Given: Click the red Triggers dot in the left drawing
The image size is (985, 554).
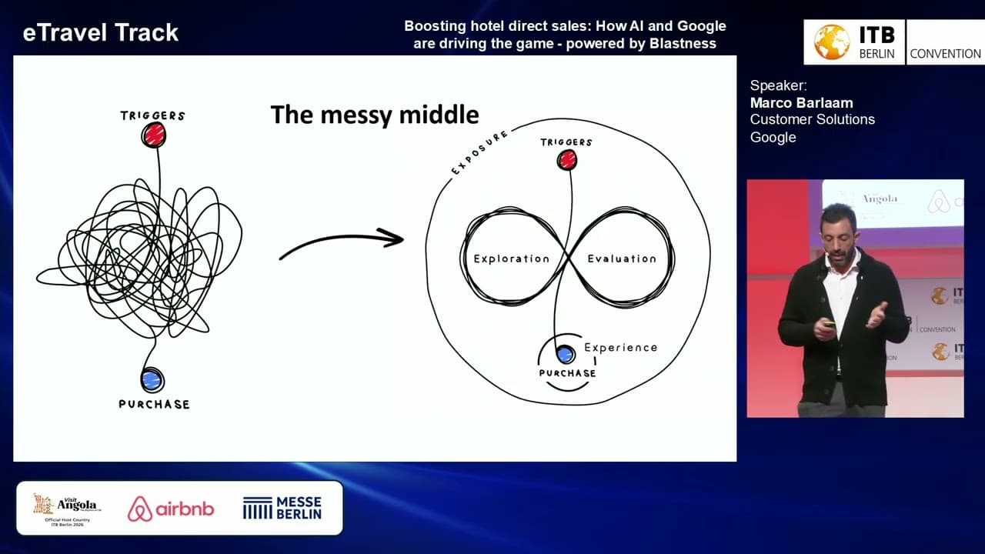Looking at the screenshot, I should point(154,135).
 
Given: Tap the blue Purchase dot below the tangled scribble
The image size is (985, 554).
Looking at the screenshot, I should point(152,379).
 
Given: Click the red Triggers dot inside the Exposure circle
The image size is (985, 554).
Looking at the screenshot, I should point(567,159).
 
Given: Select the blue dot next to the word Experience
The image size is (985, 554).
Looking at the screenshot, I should point(566,354).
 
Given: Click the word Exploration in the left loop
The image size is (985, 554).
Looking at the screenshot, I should point(512,259).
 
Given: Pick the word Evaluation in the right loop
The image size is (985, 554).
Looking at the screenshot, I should point(622,259).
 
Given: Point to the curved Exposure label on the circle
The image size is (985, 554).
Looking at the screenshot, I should point(479,152).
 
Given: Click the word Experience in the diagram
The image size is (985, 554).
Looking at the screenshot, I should point(620,347).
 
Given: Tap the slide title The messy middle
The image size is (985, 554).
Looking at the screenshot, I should point(375,115).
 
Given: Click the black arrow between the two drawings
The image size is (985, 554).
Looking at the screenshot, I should point(342,245).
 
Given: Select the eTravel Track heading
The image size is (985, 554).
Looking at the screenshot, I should point(101,32).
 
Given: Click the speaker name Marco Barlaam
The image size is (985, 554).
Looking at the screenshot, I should point(801,102).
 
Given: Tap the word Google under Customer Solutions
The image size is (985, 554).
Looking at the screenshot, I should point(773,137).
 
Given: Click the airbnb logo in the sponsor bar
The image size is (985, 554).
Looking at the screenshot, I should point(171,509).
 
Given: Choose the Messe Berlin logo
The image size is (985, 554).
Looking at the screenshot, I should point(282,508).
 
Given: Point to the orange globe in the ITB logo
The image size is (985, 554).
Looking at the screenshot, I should point(832,42).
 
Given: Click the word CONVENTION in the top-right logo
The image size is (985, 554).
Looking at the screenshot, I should point(945,54).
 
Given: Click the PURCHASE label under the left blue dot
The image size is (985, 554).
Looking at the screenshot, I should point(154,404).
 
